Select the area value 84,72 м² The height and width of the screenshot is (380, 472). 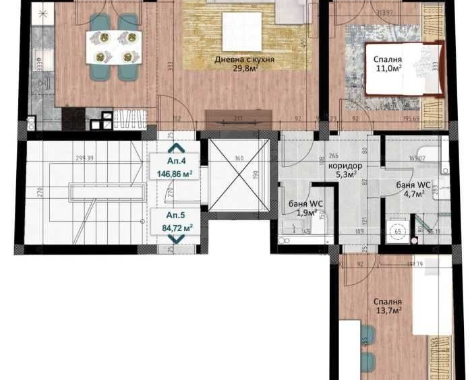(x=174, y=228)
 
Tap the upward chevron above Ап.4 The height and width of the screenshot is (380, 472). (x=174, y=148)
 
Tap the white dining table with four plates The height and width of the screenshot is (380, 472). (x=113, y=47)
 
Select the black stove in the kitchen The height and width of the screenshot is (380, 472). (x=74, y=119)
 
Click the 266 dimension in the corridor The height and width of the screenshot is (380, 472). (x=333, y=154)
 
